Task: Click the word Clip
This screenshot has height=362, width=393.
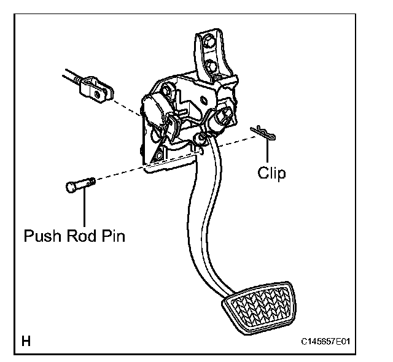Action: (271, 173)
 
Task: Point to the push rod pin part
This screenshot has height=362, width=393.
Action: (77, 185)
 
